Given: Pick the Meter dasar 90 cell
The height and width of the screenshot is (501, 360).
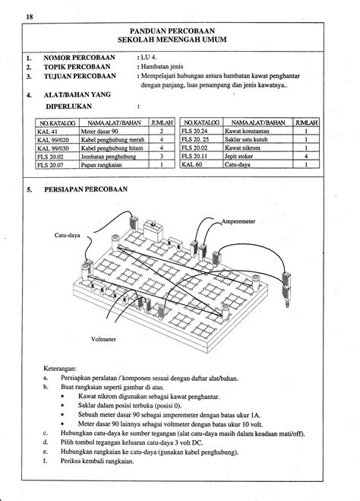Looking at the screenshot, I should pos(99,132).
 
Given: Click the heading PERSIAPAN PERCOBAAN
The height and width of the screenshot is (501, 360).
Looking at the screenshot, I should pos(87,189).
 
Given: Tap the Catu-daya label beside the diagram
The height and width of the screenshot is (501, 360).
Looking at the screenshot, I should pos(67,236).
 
